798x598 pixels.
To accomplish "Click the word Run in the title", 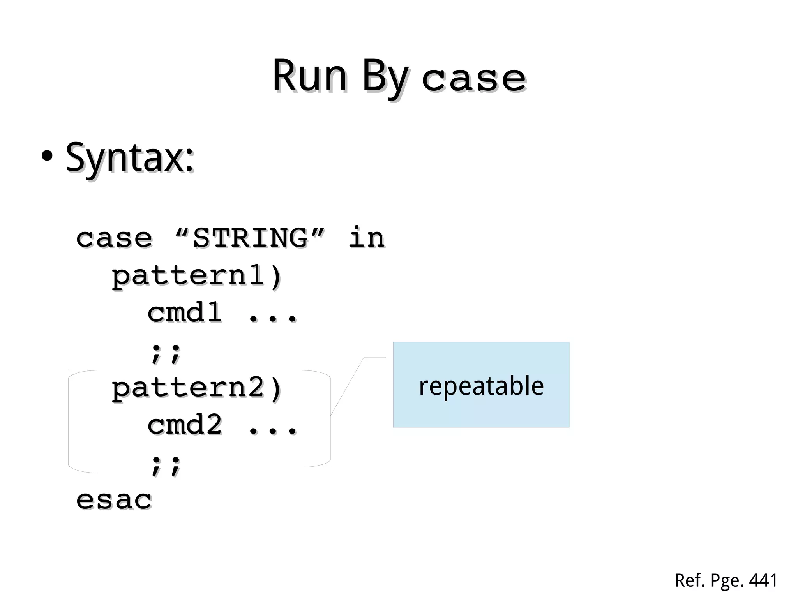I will (x=309, y=76).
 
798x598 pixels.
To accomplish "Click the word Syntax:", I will (x=129, y=158).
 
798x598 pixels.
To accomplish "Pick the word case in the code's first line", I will (x=114, y=238).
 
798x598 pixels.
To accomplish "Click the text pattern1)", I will (x=196, y=276).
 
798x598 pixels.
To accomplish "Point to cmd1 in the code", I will (x=184, y=312).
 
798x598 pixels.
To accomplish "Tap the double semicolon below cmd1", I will (x=166, y=353).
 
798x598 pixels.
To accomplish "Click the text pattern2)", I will (x=196, y=388).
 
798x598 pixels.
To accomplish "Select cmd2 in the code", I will (x=184, y=425).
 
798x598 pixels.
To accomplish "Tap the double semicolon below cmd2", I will (x=166, y=465).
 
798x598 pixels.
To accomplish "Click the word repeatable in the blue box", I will (x=481, y=386).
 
